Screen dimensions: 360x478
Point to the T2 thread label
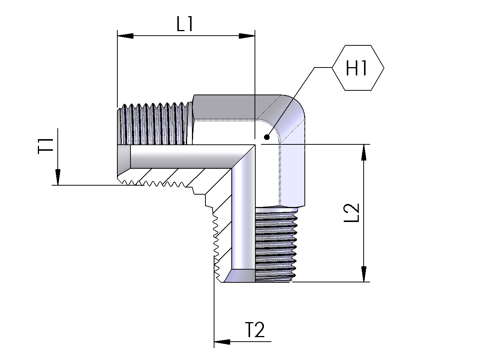click(x=255, y=330)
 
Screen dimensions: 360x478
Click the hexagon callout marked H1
click(x=358, y=68)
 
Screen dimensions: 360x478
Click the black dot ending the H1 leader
click(x=267, y=137)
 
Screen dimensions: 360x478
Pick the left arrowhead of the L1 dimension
click(x=125, y=36)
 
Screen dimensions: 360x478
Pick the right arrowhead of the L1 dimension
click(x=247, y=36)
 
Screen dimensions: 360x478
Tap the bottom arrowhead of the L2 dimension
click(x=363, y=274)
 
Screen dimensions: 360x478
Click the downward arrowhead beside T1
click(x=57, y=177)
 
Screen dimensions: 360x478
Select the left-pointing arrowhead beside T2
click(x=222, y=342)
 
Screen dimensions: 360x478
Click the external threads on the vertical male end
click(x=275, y=244)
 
